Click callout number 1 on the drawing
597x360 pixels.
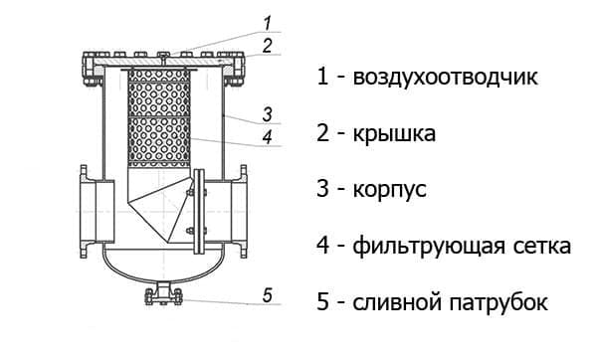[268, 23]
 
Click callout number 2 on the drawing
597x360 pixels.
[268, 46]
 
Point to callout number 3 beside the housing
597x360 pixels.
[268, 114]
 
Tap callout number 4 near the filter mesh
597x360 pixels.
[268, 137]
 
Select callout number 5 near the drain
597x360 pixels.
[268, 295]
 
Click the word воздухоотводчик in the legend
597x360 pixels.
[445, 78]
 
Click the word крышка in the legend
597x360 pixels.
[394, 134]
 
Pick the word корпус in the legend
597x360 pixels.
[389, 190]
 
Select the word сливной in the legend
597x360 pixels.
[397, 303]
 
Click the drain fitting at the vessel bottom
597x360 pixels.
[164, 294]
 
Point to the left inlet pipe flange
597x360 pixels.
[84, 212]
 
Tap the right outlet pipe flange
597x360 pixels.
[244, 212]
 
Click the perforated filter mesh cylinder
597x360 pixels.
[159, 118]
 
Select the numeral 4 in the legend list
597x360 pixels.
[322, 246]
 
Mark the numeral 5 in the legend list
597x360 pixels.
[322, 302]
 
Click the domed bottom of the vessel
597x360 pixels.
[163, 278]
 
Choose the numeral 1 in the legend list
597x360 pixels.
[322, 77]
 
